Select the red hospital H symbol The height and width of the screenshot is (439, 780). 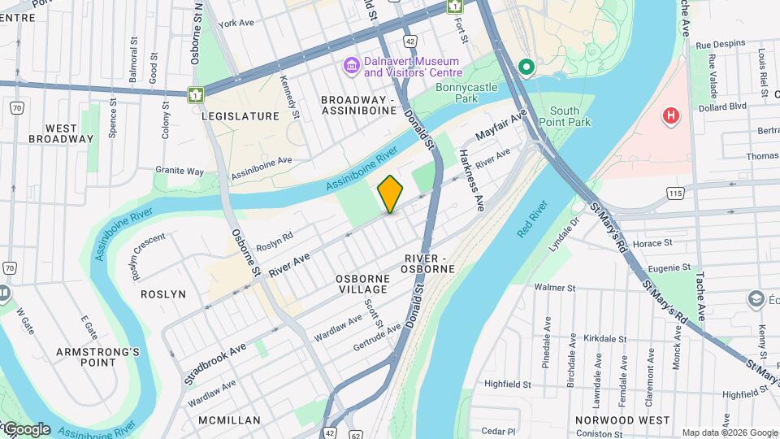(x=670, y=116)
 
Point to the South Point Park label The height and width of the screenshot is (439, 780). (x=570, y=116)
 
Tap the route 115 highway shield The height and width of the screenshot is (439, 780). (x=675, y=193)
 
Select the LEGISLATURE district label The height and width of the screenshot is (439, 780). (x=240, y=116)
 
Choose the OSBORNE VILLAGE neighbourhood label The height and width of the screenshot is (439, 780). (x=363, y=285)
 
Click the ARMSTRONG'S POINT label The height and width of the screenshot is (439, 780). (x=97, y=358)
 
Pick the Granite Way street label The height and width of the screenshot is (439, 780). (x=180, y=171)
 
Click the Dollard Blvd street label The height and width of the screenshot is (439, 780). (x=726, y=106)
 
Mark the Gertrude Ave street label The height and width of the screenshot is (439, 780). (x=377, y=338)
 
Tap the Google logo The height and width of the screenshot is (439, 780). (x=26, y=429)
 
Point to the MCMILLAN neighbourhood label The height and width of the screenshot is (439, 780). (x=229, y=420)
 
